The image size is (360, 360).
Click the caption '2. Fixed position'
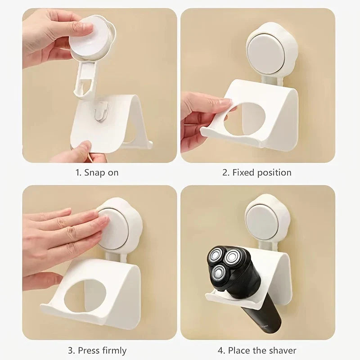click(257, 172)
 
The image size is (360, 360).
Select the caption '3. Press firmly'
click(97, 350)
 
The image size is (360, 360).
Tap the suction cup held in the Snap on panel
click(93, 38)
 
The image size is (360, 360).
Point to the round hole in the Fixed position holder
click(249, 118)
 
